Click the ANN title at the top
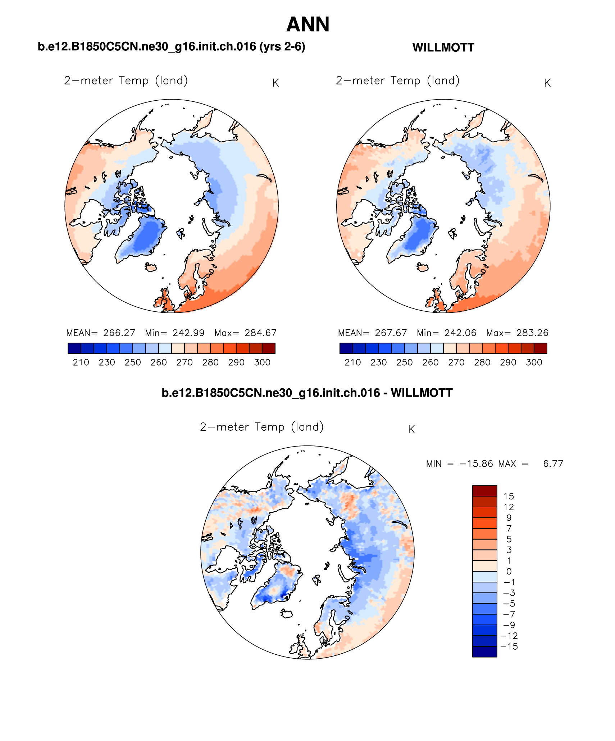pyautogui.click(x=308, y=24)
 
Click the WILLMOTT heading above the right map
pyautogui.click(x=443, y=47)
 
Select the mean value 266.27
pyautogui.click(x=119, y=333)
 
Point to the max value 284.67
pyautogui.click(x=261, y=333)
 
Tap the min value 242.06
pyautogui.click(x=460, y=333)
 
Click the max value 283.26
pyautogui.click(x=532, y=333)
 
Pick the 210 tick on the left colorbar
pyautogui.click(x=81, y=362)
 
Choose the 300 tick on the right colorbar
pyautogui.click(x=534, y=362)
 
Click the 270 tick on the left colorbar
pyautogui.click(x=184, y=362)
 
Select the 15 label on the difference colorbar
pyautogui.click(x=509, y=497)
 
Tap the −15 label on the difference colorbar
pyautogui.click(x=509, y=647)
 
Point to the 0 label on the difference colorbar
pyautogui.click(x=509, y=572)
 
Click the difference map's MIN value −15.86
pyautogui.click(x=476, y=464)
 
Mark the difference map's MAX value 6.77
pyautogui.click(x=553, y=464)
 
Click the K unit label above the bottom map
pyautogui.click(x=411, y=429)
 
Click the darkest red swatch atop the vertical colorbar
pyautogui.click(x=484, y=491)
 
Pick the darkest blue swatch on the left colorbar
pyautogui.click(x=74, y=348)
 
